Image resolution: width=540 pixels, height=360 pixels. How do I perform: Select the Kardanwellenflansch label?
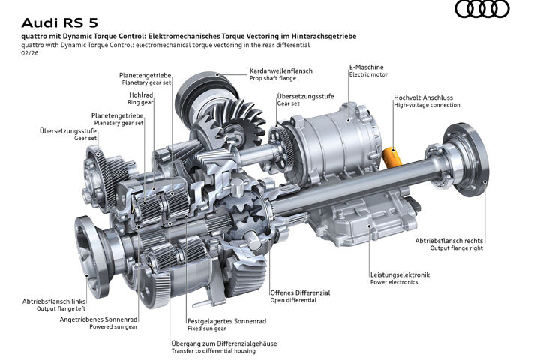[281, 70]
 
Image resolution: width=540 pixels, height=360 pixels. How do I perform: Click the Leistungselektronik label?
[400, 275]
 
